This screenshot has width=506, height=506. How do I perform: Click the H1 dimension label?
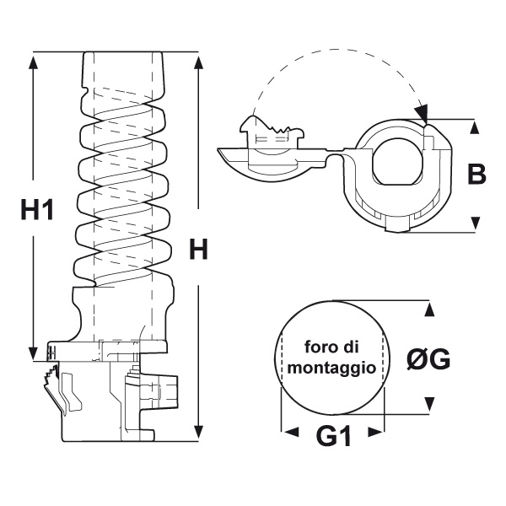point(37,208)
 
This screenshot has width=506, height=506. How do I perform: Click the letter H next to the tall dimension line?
point(199,249)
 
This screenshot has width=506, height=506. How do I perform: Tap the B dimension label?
point(476,175)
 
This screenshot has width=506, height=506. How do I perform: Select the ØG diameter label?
point(428,360)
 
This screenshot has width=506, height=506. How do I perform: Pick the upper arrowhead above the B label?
point(476,128)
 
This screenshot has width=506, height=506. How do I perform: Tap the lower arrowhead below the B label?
point(476,223)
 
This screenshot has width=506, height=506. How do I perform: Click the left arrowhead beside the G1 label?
point(290,431)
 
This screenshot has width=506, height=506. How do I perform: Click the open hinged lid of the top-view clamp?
point(266,153)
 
